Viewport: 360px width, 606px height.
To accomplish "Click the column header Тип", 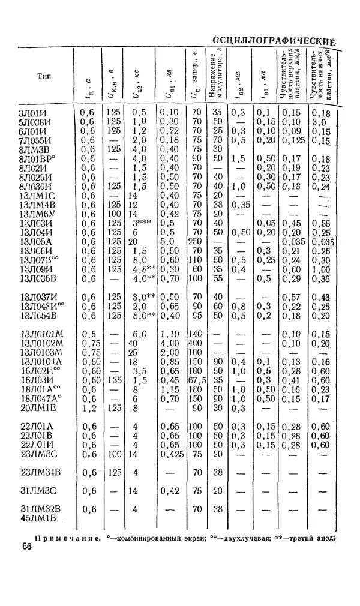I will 44,76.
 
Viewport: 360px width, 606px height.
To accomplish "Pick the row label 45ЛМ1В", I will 39,518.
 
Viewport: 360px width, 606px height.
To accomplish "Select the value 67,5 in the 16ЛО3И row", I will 195,380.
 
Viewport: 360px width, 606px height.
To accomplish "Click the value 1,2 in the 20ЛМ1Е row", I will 88,409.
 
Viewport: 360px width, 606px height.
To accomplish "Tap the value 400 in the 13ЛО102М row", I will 194,343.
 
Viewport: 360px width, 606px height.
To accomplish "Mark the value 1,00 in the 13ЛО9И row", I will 322,268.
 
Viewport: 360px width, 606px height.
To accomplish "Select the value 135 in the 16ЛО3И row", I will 112,380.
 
